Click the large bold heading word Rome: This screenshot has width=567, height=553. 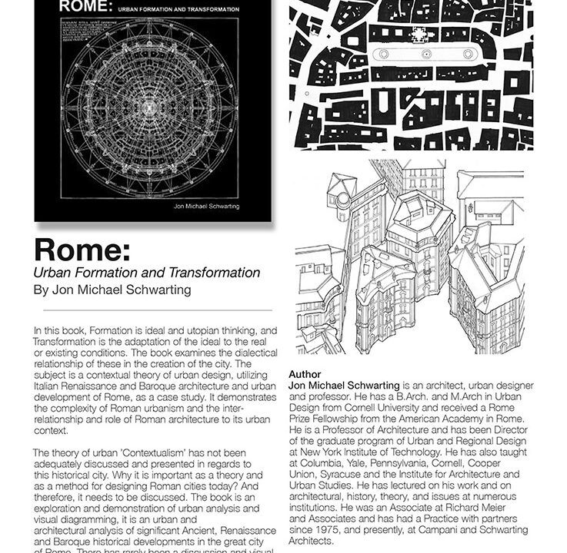click(x=82, y=250)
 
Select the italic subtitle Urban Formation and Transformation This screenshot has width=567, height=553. click(x=146, y=273)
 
